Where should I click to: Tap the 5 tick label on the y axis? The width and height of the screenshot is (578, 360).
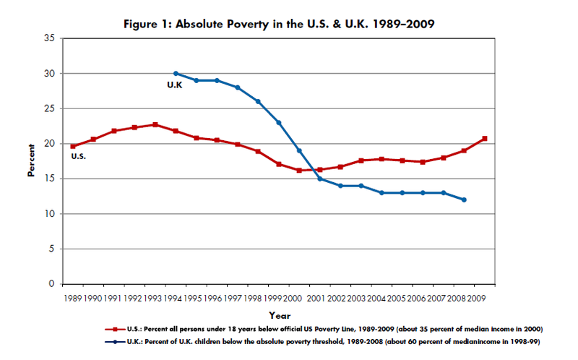coord(52,249)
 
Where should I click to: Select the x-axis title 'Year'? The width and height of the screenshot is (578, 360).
coord(280,315)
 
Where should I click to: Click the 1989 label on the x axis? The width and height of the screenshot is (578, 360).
coord(73,297)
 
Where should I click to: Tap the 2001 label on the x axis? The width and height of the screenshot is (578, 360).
coord(316,297)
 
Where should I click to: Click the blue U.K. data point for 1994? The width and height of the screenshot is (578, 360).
coord(176,74)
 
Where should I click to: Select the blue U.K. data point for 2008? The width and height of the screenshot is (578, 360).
coord(463,200)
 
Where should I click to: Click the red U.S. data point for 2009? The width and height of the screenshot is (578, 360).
coord(484,139)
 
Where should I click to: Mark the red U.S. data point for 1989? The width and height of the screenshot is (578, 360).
coord(73,146)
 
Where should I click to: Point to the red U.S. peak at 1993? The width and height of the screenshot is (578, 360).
coord(155,124)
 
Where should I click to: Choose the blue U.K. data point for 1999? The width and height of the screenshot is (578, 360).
coord(278,123)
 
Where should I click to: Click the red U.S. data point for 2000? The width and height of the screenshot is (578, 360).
coord(299,171)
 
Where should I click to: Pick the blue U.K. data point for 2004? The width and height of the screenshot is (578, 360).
coord(381,193)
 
